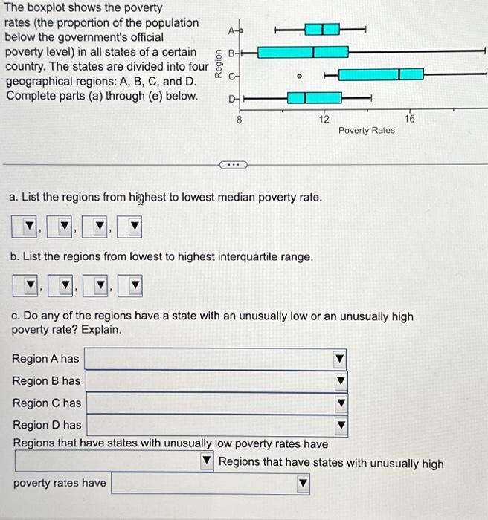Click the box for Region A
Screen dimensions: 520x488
(x=322, y=30)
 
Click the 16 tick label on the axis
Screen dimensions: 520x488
(x=409, y=119)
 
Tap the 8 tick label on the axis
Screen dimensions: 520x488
(x=238, y=119)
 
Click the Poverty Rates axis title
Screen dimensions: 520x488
(x=366, y=131)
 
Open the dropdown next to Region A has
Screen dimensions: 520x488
(x=216, y=360)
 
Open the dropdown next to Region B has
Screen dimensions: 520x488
(x=216, y=382)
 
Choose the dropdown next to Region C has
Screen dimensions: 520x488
(x=216, y=404)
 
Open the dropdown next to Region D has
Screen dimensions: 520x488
(x=216, y=426)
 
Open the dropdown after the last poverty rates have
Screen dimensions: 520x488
(x=210, y=484)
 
